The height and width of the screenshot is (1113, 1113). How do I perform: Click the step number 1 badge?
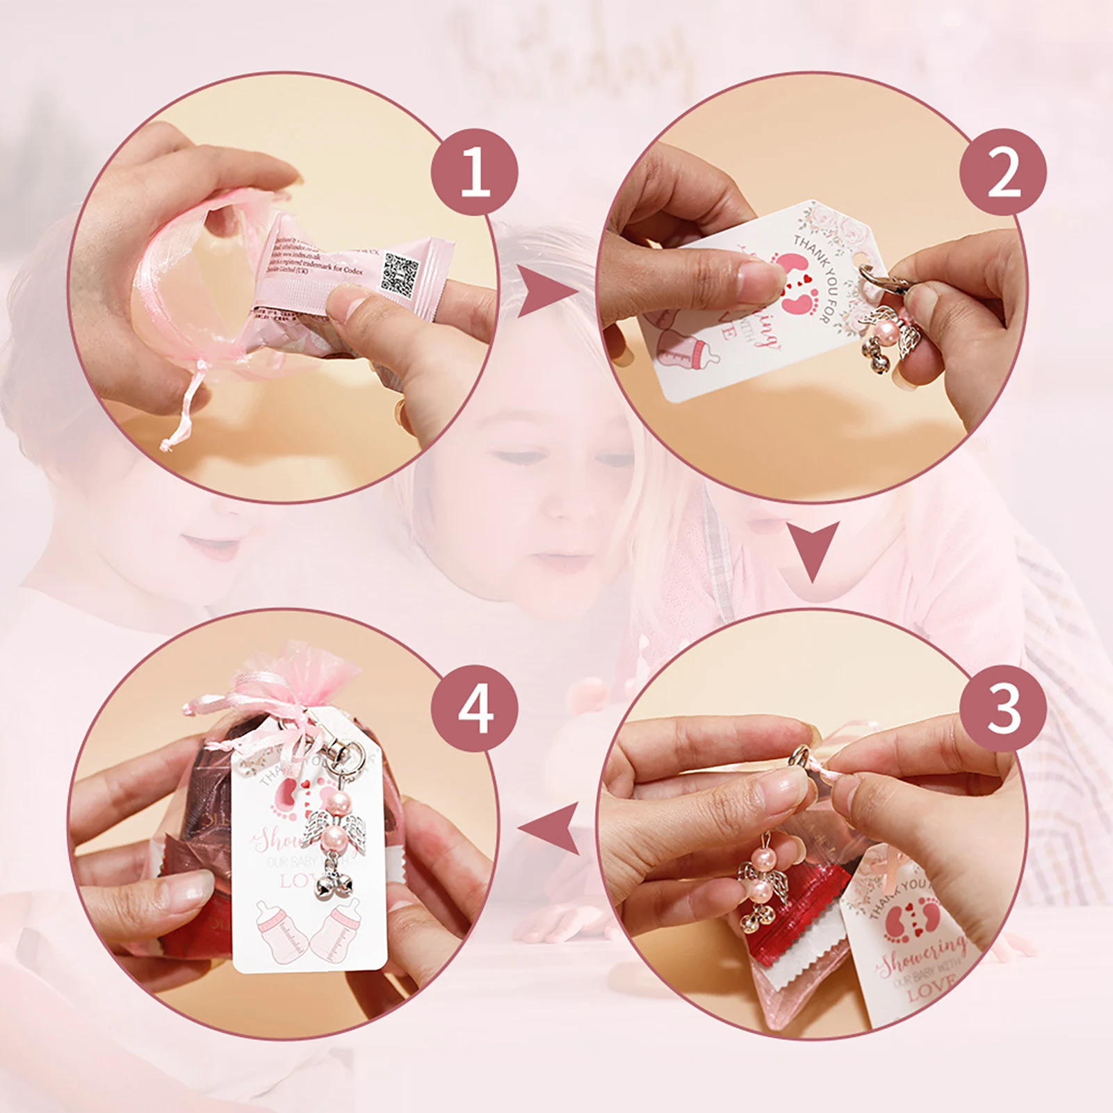click(475, 172)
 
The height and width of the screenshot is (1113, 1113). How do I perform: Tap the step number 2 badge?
click(1003, 172)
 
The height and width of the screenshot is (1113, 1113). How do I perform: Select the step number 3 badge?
click(1003, 709)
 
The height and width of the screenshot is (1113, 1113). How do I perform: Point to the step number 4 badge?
click(475, 709)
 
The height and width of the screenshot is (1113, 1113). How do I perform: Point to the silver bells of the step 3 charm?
click(756, 919)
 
